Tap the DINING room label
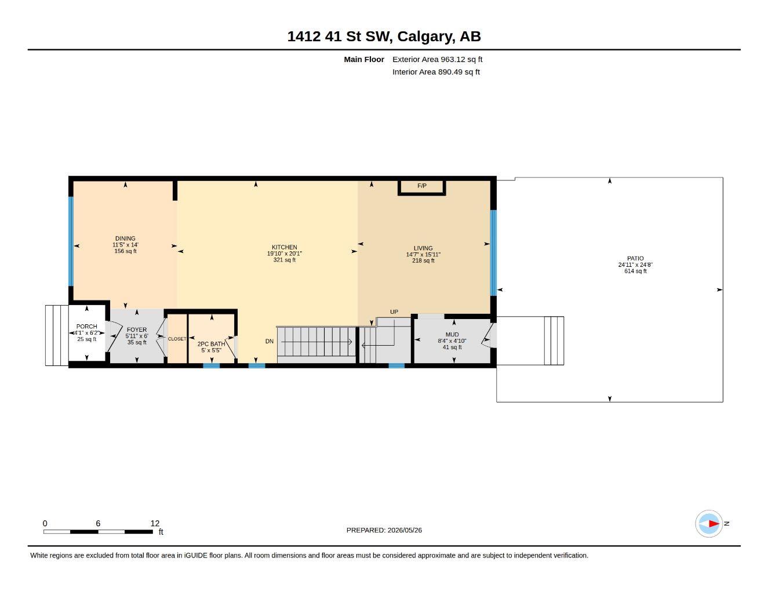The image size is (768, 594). click(125, 238)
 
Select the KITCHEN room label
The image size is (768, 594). click(284, 248)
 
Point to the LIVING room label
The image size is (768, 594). click(423, 248)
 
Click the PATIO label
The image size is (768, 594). click(635, 259)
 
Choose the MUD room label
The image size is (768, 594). click(452, 335)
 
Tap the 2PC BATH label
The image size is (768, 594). click(211, 344)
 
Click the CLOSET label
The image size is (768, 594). click(177, 339)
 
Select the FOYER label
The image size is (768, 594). click(136, 329)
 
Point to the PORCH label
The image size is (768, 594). click(86, 327)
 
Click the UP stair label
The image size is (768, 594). click(394, 312)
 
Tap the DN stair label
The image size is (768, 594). click(270, 341)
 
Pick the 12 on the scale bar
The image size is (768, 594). click(155, 523)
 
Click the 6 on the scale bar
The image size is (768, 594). click(98, 523)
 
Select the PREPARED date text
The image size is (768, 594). click(384, 530)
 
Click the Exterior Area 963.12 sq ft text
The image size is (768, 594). click(437, 59)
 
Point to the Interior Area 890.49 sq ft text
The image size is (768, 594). click(436, 72)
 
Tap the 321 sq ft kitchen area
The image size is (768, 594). click(284, 260)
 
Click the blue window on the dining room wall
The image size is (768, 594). click(71, 241)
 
